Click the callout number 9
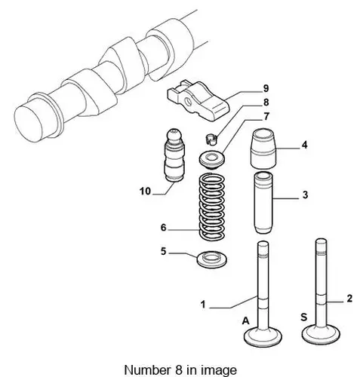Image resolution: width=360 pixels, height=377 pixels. pyautogui.click(x=266, y=88)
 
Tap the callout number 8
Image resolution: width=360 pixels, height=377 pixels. pyautogui.click(x=266, y=103)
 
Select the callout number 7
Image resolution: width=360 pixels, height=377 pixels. pyautogui.click(x=266, y=116)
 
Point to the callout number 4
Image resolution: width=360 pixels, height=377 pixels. pyautogui.click(x=304, y=145)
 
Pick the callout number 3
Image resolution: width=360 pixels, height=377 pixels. pyautogui.click(x=305, y=195)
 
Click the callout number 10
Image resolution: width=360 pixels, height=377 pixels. pyautogui.click(x=145, y=192)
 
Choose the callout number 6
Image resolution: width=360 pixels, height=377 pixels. pyautogui.click(x=164, y=228)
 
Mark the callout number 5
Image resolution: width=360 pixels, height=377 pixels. pyautogui.click(x=164, y=251)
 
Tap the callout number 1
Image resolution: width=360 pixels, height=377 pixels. pyautogui.click(x=203, y=305)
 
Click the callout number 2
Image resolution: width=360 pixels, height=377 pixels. pyautogui.click(x=349, y=299)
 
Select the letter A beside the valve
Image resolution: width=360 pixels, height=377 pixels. pyautogui.click(x=246, y=321)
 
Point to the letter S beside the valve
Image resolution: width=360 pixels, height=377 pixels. pyautogui.click(x=304, y=317)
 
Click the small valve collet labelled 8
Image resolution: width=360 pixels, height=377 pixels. pyautogui.click(x=211, y=139)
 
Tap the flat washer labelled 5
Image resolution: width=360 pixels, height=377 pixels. pyautogui.click(x=212, y=260)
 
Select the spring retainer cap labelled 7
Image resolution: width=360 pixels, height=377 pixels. pyautogui.click(x=212, y=160)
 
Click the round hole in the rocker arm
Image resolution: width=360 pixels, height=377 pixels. pyautogui.click(x=188, y=102)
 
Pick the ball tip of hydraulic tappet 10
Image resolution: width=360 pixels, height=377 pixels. pyautogui.click(x=174, y=135)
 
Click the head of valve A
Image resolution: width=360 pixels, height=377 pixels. pyautogui.click(x=263, y=336)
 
